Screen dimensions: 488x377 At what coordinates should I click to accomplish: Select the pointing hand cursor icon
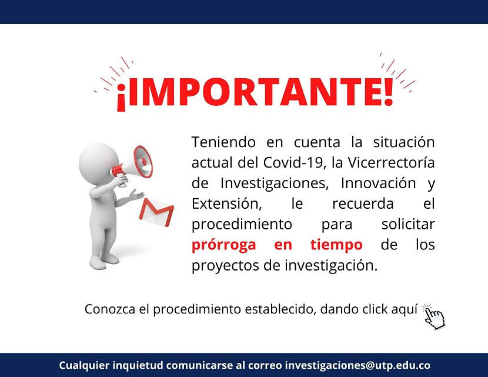[x=434, y=316]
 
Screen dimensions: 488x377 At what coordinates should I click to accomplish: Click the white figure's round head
[x=99, y=164]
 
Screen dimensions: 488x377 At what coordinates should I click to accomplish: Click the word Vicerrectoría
[x=391, y=162]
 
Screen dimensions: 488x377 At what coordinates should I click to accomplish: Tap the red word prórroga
[x=224, y=245]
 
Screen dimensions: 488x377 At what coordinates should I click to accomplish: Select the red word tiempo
[x=336, y=245]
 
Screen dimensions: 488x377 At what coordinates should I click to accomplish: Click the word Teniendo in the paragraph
[x=223, y=142]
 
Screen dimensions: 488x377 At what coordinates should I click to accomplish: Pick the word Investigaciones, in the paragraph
[x=275, y=184]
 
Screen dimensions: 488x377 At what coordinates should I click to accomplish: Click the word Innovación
[x=379, y=183]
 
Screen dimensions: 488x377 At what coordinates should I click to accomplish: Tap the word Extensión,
[x=226, y=204]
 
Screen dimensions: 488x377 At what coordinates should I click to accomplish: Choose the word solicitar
[x=408, y=224]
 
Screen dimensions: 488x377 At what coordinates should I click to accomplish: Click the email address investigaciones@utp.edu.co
[x=357, y=365]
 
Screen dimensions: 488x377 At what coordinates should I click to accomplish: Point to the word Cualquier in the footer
[x=84, y=365]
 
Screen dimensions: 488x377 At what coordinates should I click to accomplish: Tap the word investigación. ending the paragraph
[x=331, y=266]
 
